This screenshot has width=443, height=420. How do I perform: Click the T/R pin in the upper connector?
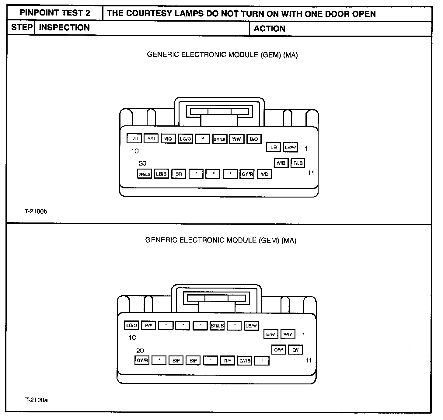[134, 139]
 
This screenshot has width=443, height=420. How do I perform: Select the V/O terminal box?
[168, 139]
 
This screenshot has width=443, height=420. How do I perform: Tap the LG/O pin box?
[185, 139]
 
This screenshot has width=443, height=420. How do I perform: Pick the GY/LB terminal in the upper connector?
[220, 139]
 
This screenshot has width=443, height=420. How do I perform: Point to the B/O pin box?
[254, 139]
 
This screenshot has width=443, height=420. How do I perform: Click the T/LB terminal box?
[298, 163]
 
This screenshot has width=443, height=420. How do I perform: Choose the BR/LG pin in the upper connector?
[144, 174]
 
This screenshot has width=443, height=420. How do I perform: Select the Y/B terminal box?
[264, 174]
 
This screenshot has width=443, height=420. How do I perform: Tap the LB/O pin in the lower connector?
[132, 326]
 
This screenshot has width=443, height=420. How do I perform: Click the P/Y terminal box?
[149, 326]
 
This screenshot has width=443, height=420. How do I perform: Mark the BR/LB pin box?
[217, 326]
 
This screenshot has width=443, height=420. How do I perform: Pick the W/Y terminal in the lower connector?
[288, 335]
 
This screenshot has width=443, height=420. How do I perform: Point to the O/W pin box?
[278, 350]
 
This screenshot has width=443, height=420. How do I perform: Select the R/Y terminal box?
[228, 361]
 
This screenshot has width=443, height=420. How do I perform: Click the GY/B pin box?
[245, 361]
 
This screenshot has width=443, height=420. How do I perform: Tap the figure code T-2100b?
[36, 212]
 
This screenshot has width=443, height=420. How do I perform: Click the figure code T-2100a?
[36, 400]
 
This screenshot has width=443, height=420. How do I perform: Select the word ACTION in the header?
[269, 29]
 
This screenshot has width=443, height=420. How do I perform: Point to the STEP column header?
[22, 27]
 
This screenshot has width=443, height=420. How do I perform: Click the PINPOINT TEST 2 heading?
[55, 13]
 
